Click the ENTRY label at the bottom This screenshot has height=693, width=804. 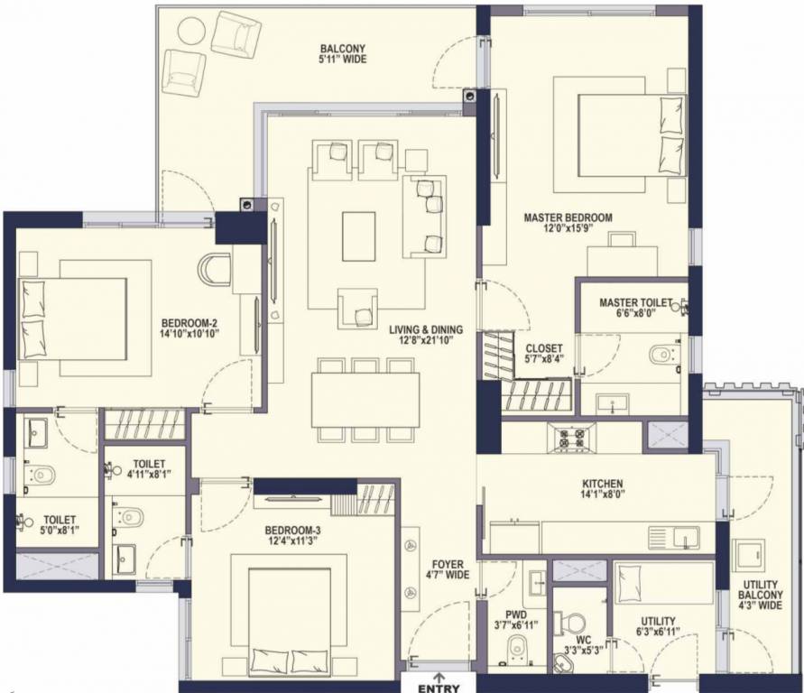(439, 688)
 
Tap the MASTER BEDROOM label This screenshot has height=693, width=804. (568, 217)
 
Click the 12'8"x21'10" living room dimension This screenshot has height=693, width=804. (425, 340)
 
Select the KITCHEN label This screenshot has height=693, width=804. (603, 484)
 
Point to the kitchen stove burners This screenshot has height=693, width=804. (571, 438)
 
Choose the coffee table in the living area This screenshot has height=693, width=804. (358, 236)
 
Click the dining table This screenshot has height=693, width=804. (365, 400)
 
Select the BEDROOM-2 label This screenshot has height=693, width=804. (189, 323)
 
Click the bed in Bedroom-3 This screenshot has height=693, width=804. (291, 620)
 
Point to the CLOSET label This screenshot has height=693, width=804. (544, 348)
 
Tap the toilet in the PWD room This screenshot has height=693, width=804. (517, 649)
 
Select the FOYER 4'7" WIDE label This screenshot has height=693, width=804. (448, 569)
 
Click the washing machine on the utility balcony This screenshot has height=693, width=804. (749, 556)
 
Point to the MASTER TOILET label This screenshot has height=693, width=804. (636, 303)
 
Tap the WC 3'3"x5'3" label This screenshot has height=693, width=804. (584, 645)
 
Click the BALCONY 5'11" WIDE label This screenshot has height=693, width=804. (344, 54)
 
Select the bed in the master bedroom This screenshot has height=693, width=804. (633, 134)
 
